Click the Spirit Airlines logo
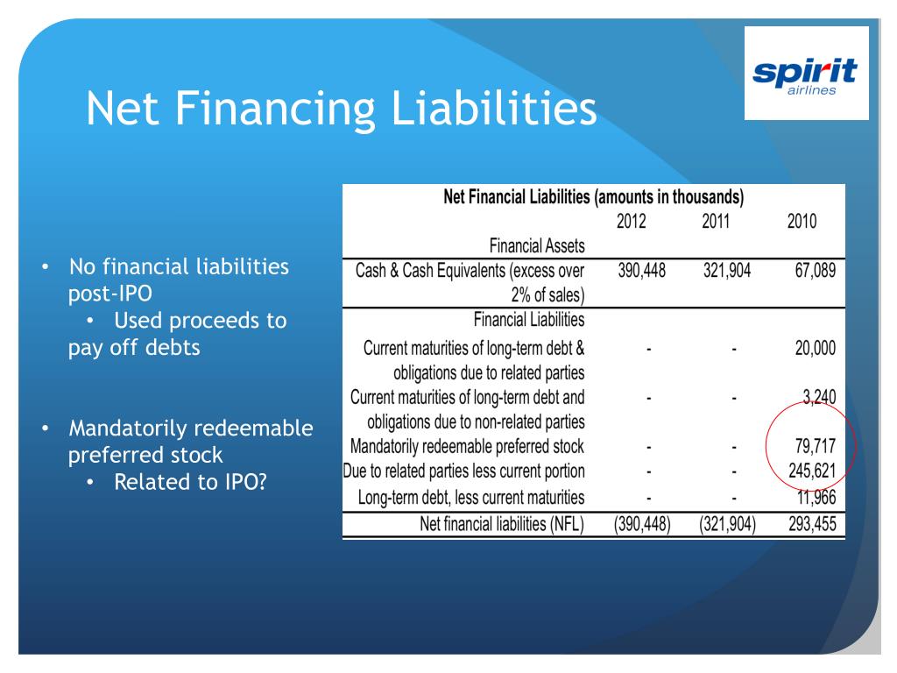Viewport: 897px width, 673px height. (806, 75)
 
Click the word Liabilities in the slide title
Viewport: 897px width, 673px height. (494, 108)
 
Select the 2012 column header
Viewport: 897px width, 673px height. (631, 221)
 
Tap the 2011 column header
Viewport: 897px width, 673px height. (716, 221)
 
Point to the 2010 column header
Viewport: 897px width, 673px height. (802, 221)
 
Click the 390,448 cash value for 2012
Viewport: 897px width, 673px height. (642, 270)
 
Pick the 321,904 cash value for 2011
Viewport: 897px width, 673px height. (727, 270)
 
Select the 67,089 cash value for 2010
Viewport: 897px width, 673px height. (816, 270)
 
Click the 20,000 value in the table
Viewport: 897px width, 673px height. (816, 348)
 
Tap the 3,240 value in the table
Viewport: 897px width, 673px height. (819, 397)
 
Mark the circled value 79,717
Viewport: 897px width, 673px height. (816, 446)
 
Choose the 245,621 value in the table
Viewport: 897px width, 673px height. (812, 471)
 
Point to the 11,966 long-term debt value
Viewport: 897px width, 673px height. (816, 498)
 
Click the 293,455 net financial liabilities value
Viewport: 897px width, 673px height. (812, 524)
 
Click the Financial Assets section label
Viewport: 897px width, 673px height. (537, 246)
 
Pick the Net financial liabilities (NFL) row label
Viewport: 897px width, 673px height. (502, 524)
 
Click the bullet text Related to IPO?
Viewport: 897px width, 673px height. (190, 482)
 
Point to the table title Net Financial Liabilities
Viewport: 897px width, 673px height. (516, 197)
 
